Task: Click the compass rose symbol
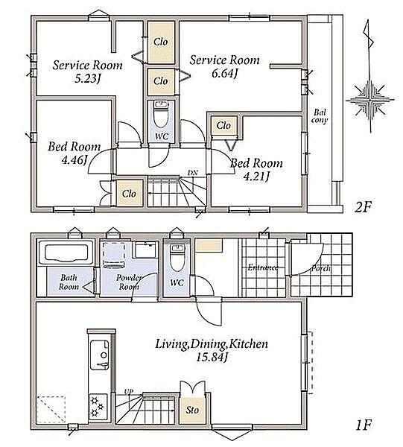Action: pos(370,100)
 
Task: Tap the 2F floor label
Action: pos(363,207)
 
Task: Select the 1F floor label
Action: pos(364,425)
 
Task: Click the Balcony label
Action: pos(320,116)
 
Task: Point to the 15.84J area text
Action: pos(212,357)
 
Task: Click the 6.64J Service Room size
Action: pos(224,73)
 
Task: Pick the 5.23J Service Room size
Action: pos(88,78)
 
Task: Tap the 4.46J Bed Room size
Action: pos(74,160)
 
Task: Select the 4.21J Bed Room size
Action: pos(256,177)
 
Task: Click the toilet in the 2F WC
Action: pos(161,114)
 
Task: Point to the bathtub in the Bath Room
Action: pos(66,253)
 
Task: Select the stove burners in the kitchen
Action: pos(98,407)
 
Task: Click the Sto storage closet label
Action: pos(192,410)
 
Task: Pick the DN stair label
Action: pos(193,173)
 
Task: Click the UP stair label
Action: pos(129,392)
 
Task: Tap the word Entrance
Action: pos(263,267)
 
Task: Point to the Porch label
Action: pos(320,268)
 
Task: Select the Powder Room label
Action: pos(129,282)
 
